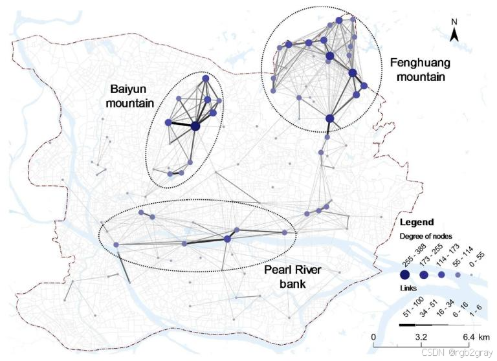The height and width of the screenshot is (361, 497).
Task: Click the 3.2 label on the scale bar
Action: pyautogui.click(x=420, y=338)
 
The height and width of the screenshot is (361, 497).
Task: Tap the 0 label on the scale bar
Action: pyautogui.click(x=373, y=338)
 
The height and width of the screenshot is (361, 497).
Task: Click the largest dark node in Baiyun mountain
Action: pyautogui.click(x=195, y=126)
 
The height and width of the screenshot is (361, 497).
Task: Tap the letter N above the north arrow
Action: pyautogui.click(x=454, y=21)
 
